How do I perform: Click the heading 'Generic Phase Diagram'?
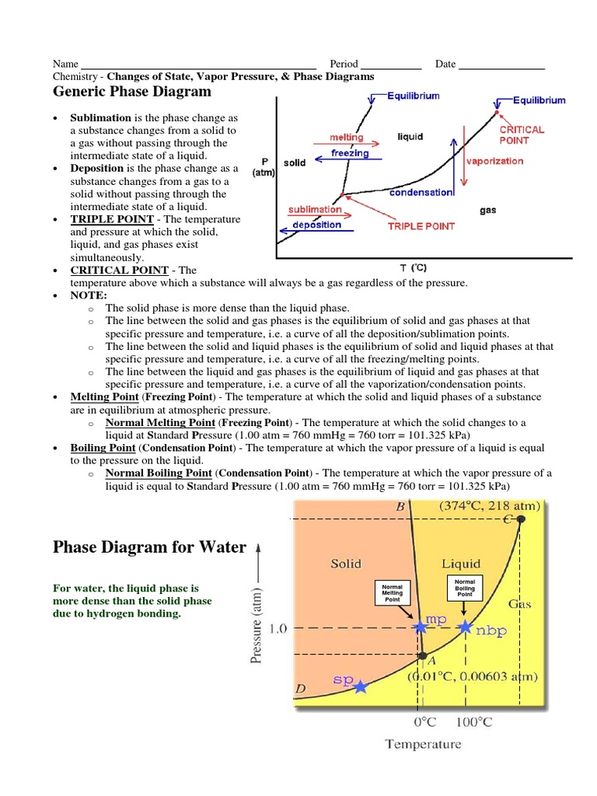coord(131,92)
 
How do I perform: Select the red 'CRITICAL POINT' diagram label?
coord(522,135)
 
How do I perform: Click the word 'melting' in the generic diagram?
coord(347,138)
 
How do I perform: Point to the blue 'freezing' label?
coord(349,153)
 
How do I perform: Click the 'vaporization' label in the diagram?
coord(495,162)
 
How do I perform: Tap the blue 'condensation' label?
coord(421,192)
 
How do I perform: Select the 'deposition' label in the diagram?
coord(316,225)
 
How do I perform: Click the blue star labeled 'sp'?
coord(361,686)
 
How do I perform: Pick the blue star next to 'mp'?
coord(421,627)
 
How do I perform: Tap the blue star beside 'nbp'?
coord(465,627)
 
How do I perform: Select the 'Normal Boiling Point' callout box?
coord(464,587)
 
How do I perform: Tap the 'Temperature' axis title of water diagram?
coord(423,744)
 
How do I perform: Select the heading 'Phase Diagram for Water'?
coord(149,547)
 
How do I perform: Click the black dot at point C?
coord(520,518)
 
